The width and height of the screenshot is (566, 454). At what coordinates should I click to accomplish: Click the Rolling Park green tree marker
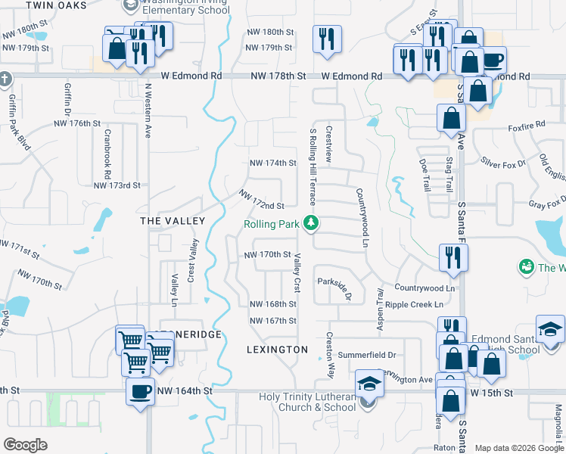310,223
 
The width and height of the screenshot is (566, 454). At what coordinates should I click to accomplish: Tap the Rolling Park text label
271,224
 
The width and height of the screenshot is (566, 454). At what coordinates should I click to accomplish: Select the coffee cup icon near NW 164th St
140,392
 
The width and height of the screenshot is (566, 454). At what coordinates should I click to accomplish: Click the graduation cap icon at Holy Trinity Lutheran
369,383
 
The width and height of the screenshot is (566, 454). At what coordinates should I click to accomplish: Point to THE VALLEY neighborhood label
173,220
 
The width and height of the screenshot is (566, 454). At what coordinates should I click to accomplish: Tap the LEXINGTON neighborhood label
278,350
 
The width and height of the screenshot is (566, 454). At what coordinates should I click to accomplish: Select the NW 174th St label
273,163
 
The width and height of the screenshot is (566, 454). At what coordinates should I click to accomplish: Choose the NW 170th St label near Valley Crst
268,255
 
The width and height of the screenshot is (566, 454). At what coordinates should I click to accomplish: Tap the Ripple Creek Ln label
413,305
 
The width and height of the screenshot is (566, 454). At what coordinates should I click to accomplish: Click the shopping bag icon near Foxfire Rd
451,118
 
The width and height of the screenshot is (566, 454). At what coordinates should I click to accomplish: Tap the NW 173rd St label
117,185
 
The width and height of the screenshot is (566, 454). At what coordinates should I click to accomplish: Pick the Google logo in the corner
25,445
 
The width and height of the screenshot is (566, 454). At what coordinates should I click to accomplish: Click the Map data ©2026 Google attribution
518,448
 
